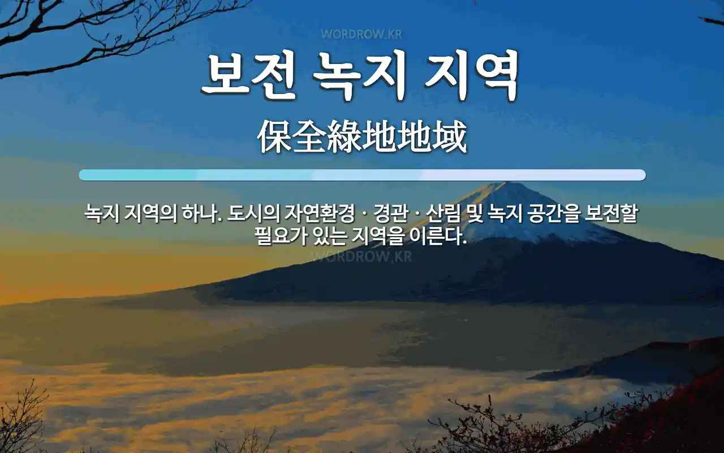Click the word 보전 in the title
coord(248,75)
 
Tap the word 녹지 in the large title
coord(359,75)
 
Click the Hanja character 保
coord(275,136)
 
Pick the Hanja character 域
coord(449,136)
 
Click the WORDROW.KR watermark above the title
coord(361,35)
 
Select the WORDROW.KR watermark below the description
coord(361,257)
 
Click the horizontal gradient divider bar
coord(363,175)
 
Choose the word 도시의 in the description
coord(253,213)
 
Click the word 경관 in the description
coord(390,213)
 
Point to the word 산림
coord(443,213)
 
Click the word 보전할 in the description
coord(611,213)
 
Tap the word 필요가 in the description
coord(280,236)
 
